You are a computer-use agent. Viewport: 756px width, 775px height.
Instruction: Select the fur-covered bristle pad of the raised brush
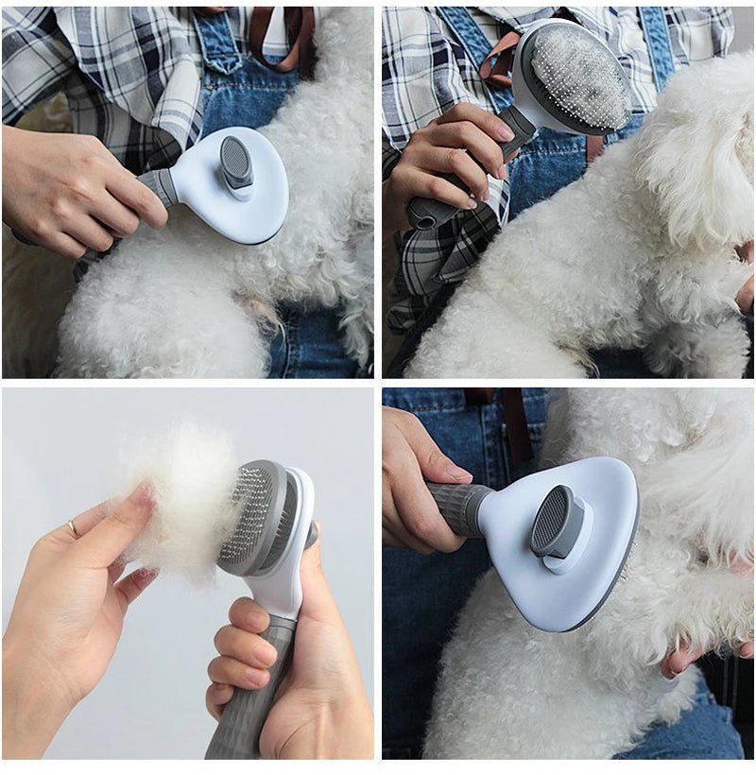(579, 77)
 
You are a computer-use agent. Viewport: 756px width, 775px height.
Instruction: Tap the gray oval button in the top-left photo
(236, 161)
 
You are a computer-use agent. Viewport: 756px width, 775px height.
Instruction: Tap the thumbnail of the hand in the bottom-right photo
(459, 472)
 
